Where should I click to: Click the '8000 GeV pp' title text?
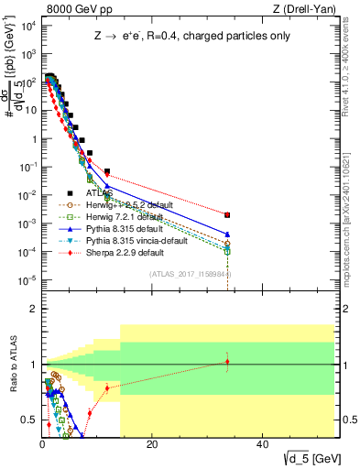tap(71, 10)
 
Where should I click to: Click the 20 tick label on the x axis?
tap(150, 444)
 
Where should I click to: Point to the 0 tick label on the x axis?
tap(42, 444)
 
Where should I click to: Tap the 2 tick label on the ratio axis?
tap(31, 309)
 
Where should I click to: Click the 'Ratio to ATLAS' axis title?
tap(12, 365)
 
